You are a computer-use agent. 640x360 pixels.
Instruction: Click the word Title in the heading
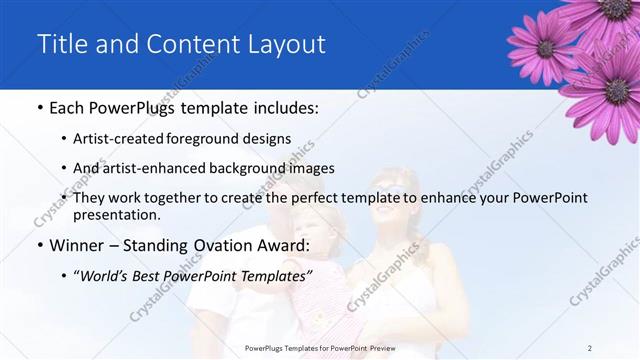point(59,44)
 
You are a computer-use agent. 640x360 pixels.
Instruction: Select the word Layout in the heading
point(287,44)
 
